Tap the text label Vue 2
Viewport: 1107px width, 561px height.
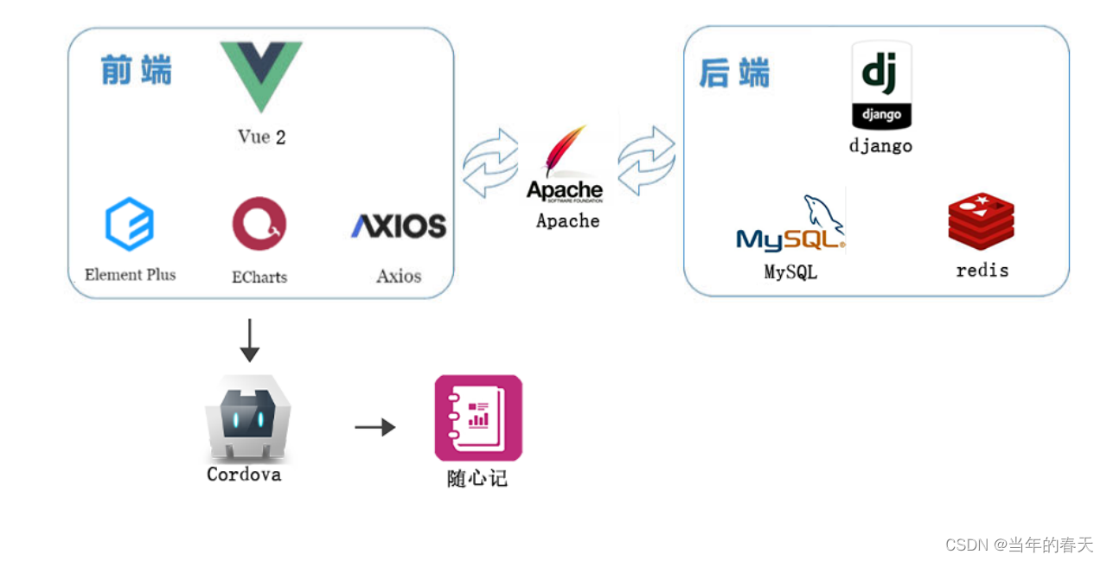click(x=261, y=137)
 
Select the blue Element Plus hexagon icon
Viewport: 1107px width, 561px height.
click(x=130, y=224)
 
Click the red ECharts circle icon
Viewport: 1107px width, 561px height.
click(x=259, y=224)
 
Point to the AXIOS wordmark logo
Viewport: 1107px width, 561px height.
click(x=399, y=226)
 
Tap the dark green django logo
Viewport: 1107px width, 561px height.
click(x=881, y=86)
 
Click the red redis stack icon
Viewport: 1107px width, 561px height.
click(x=981, y=221)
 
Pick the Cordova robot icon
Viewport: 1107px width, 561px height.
click(x=247, y=418)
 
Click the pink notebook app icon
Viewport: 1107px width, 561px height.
click(x=478, y=418)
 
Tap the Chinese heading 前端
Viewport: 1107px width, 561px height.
click(x=136, y=70)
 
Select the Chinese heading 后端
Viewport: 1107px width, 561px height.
click(x=734, y=73)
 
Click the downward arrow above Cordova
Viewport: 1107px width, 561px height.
click(x=249, y=340)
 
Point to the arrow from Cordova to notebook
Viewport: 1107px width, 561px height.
click(x=374, y=427)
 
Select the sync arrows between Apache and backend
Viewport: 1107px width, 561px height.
click(x=646, y=161)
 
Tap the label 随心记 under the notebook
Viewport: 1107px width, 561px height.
click(x=477, y=478)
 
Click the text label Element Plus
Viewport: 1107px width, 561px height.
click(x=131, y=275)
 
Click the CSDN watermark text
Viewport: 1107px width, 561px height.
click(x=1019, y=545)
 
